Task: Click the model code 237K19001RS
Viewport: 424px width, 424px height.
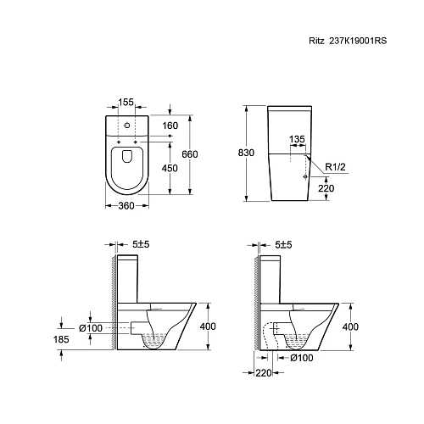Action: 358,41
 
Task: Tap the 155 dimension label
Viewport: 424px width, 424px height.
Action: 126,102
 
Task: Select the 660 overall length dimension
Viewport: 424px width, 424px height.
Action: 190,154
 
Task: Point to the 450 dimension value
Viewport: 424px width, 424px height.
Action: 170,168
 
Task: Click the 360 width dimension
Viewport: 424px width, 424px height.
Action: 126,206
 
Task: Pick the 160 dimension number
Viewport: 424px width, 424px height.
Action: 170,126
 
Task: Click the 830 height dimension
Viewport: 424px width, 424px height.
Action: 246,153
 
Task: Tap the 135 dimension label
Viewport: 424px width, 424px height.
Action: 298,139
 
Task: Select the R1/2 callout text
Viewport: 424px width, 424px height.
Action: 336,167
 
